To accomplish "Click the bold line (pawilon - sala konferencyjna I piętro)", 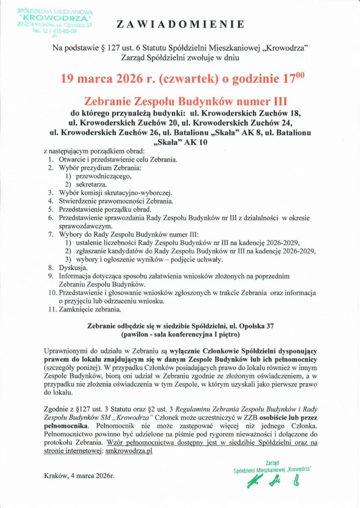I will (180, 335).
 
